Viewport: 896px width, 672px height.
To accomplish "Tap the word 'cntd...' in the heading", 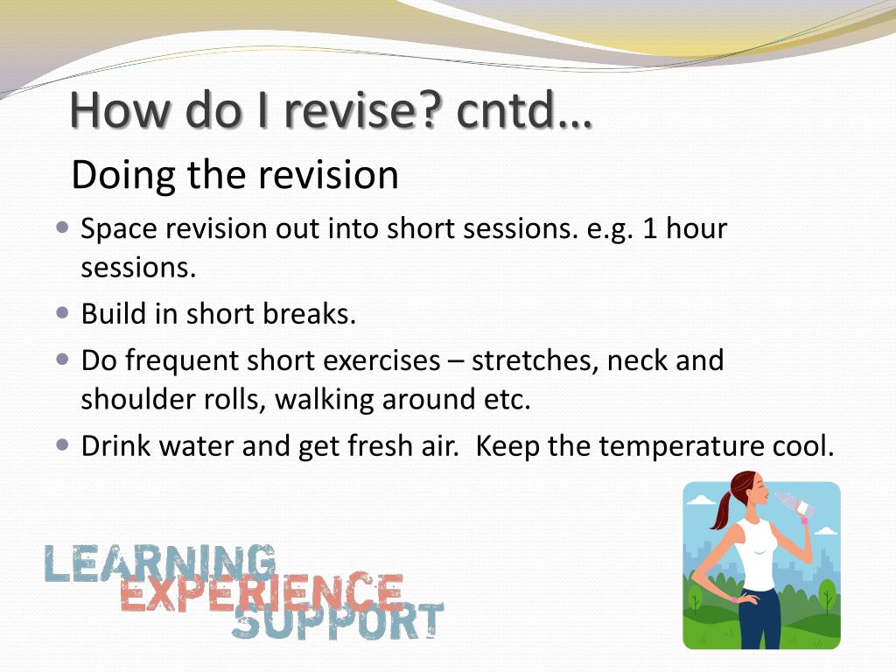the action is click(x=525, y=109).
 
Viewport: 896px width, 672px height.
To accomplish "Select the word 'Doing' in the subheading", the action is click(x=123, y=176).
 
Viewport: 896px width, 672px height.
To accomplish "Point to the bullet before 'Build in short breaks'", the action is click(x=63, y=313).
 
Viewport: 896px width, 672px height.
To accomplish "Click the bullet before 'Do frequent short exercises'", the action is click(x=63, y=360).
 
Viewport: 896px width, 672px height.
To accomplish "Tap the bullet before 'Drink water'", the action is click(x=63, y=445).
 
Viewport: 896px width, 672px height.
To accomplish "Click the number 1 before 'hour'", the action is click(x=649, y=228).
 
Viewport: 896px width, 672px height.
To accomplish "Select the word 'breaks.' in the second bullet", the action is click(x=310, y=314).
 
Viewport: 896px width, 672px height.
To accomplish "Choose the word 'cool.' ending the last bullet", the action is click(x=803, y=446).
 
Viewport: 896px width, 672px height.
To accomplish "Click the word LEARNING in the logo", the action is click(x=160, y=563).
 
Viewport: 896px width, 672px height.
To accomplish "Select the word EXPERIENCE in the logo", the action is click(x=262, y=591).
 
